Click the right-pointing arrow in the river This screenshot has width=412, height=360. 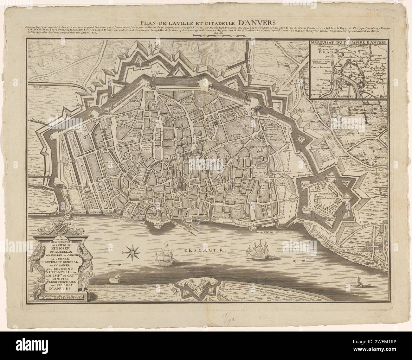[x=114, y=264]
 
